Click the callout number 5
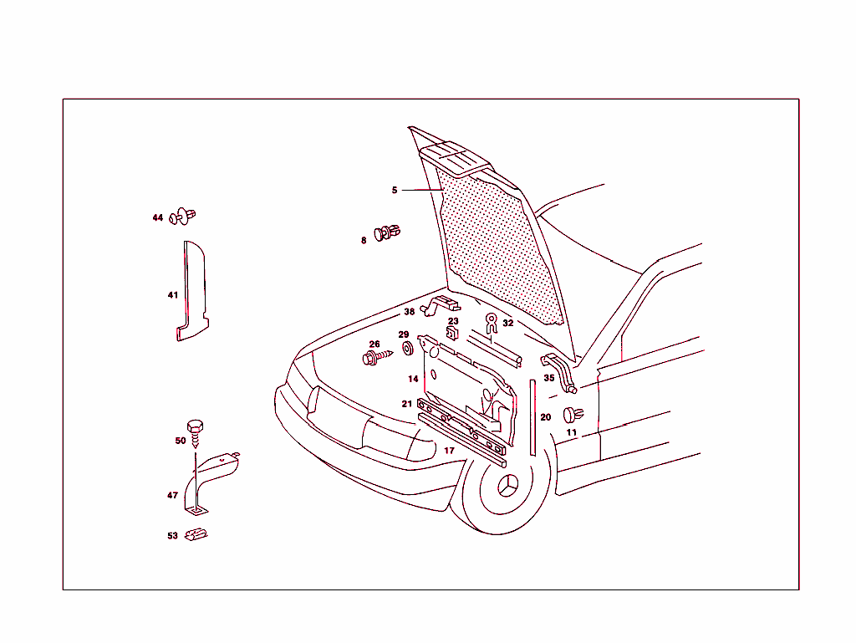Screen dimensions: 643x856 tap(395, 191)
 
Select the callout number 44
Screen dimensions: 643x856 tap(157, 218)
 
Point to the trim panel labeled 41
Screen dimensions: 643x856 tap(191, 293)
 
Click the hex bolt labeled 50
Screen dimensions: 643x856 tap(195, 431)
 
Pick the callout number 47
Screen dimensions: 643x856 tap(172, 496)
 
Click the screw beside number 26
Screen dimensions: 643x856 tap(377, 357)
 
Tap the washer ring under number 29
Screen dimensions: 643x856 tap(407, 347)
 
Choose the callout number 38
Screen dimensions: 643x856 tap(409, 313)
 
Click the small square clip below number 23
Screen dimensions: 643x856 tap(452, 333)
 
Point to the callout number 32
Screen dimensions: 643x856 tap(508, 324)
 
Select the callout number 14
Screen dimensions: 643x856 tap(413, 380)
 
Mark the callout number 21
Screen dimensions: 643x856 tap(406, 404)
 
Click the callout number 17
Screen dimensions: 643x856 tap(449, 452)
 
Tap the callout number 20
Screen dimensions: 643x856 tap(546, 417)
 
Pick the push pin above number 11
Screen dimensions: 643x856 tap(573, 414)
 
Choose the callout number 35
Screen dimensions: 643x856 tap(549, 378)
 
